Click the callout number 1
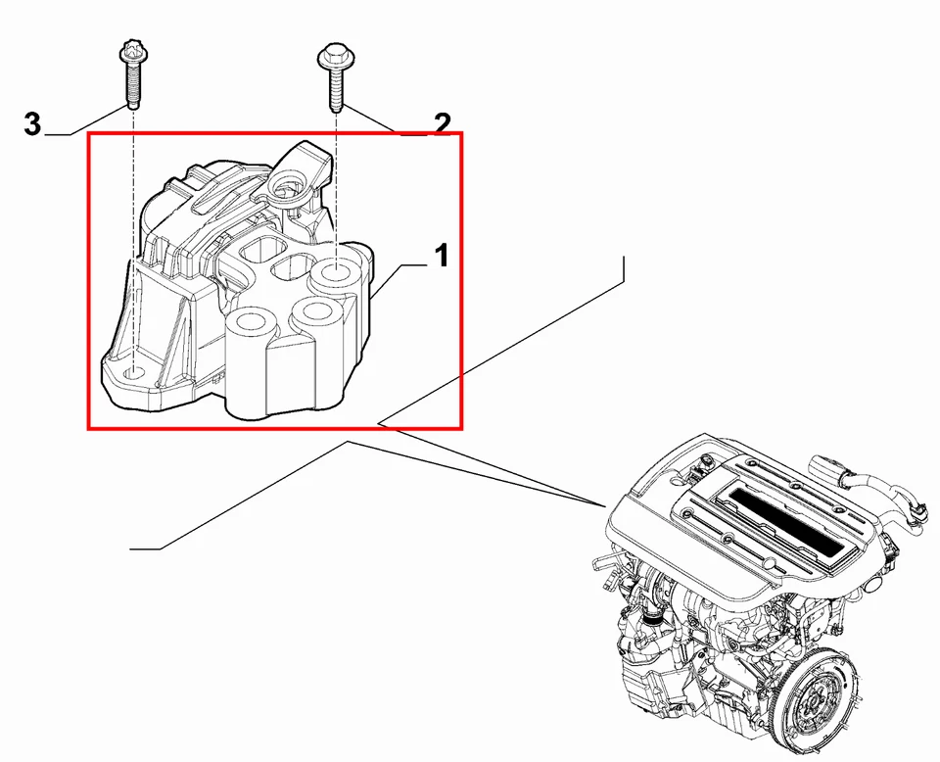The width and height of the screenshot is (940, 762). point(441,257)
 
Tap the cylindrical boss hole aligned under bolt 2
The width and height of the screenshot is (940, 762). point(338,272)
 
